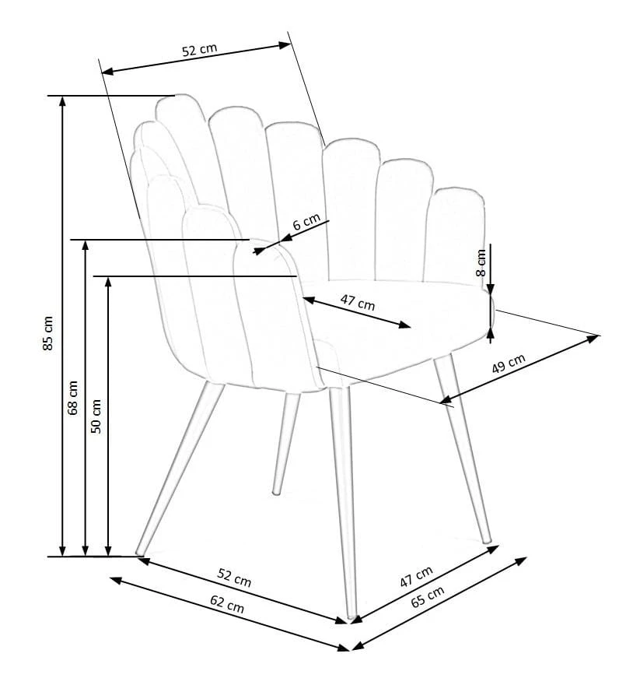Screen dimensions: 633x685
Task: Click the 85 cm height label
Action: tap(48, 333)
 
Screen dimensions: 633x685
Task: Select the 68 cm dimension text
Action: tap(72, 398)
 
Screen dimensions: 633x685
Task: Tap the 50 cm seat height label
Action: tap(96, 416)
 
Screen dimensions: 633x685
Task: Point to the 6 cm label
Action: tap(306, 222)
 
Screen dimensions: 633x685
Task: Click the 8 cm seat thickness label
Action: tap(481, 262)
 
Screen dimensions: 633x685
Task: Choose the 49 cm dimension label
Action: tap(508, 364)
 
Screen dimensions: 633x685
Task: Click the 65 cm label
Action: tap(428, 596)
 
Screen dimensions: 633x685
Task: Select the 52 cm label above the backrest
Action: tap(199, 50)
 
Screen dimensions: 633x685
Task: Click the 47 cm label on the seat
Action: tap(358, 302)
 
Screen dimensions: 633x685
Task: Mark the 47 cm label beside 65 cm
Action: tap(416, 576)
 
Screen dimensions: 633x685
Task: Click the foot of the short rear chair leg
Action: tap(276, 492)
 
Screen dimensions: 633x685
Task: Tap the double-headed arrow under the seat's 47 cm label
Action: tap(357, 312)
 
